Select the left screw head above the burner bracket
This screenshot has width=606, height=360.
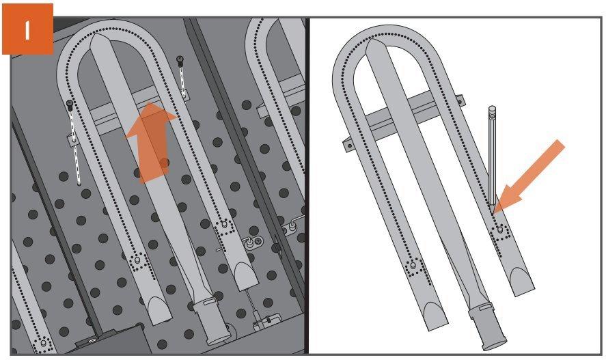[x=70, y=105]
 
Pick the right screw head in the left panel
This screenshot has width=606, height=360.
[x=180, y=60]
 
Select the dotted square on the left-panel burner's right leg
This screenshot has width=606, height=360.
[x=224, y=227]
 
